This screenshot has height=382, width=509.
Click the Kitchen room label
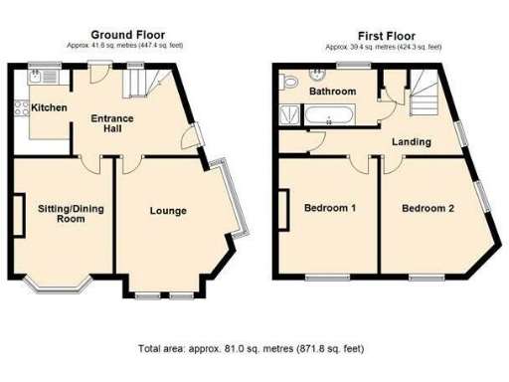tap(49, 106)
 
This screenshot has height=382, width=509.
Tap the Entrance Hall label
tap(111, 123)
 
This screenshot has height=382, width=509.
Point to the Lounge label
tap(168, 211)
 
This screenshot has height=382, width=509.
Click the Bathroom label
tap(331, 92)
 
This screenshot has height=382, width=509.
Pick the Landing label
tap(410, 141)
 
